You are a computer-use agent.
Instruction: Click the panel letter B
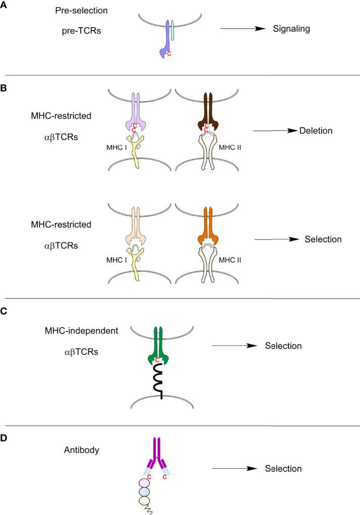[4, 87]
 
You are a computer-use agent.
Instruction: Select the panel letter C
[4, 311]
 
